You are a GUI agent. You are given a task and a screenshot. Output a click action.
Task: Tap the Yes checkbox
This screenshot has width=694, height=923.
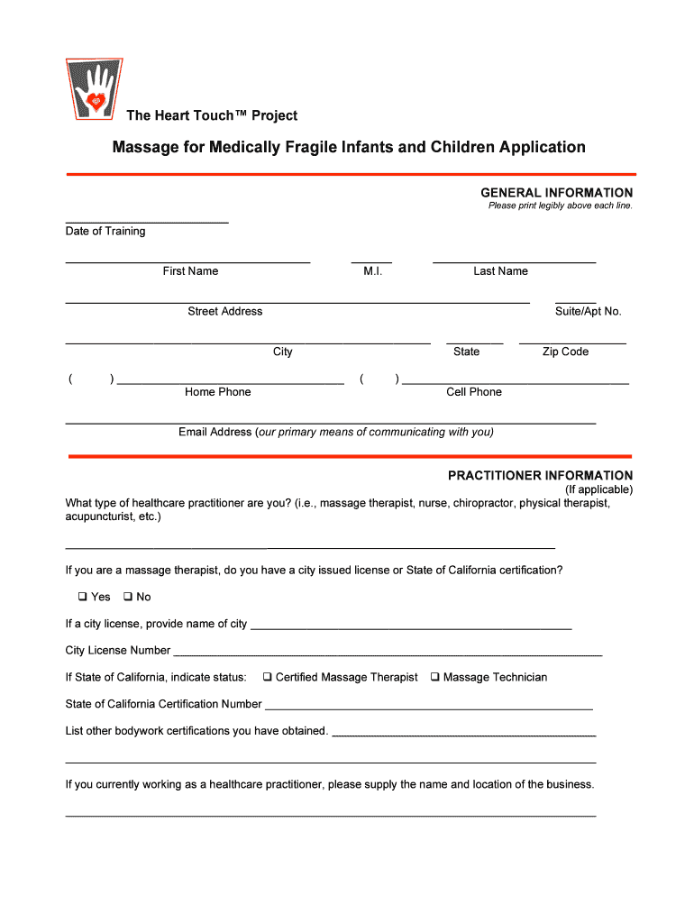(x=81, y=597)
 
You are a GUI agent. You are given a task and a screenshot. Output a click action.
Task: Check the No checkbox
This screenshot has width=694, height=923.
(x=127, y=597)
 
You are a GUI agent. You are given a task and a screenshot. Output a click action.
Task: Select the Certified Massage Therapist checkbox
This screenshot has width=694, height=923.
(x=268, y=677)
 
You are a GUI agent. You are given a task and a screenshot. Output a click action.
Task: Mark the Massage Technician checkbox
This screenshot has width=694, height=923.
(x=434, y=677)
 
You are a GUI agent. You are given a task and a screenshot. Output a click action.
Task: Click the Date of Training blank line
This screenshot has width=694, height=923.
(x=147, y=221)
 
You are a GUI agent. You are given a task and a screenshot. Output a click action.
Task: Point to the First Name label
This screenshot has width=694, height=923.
(x=190, y=271)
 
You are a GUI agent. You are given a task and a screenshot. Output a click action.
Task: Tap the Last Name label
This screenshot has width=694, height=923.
(x=500, y=271)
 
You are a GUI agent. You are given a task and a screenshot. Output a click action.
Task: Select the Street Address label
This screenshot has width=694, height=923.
(x=225, y=312)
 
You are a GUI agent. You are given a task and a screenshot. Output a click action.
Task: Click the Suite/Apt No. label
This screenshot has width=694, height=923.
(x=588, y=312)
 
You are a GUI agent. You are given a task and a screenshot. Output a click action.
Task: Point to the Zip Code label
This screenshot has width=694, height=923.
(x=565, y=352)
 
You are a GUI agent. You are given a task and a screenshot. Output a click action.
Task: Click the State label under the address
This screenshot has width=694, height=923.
(x=466, y=352)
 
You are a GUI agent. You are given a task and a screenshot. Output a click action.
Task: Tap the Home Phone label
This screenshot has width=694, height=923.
(x=218, y=392)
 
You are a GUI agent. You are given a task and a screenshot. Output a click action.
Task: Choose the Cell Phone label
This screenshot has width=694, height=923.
(x=474, y=392)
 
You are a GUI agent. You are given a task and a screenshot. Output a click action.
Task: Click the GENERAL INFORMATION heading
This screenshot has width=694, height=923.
(x=556, y=193)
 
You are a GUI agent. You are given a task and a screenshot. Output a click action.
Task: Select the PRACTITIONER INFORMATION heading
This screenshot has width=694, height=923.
(x=540, y=475)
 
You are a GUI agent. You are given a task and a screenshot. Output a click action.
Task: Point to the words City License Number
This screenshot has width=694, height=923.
(x=118, y=651)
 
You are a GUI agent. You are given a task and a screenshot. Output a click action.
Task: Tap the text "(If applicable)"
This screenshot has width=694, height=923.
(x=598, y=489)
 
